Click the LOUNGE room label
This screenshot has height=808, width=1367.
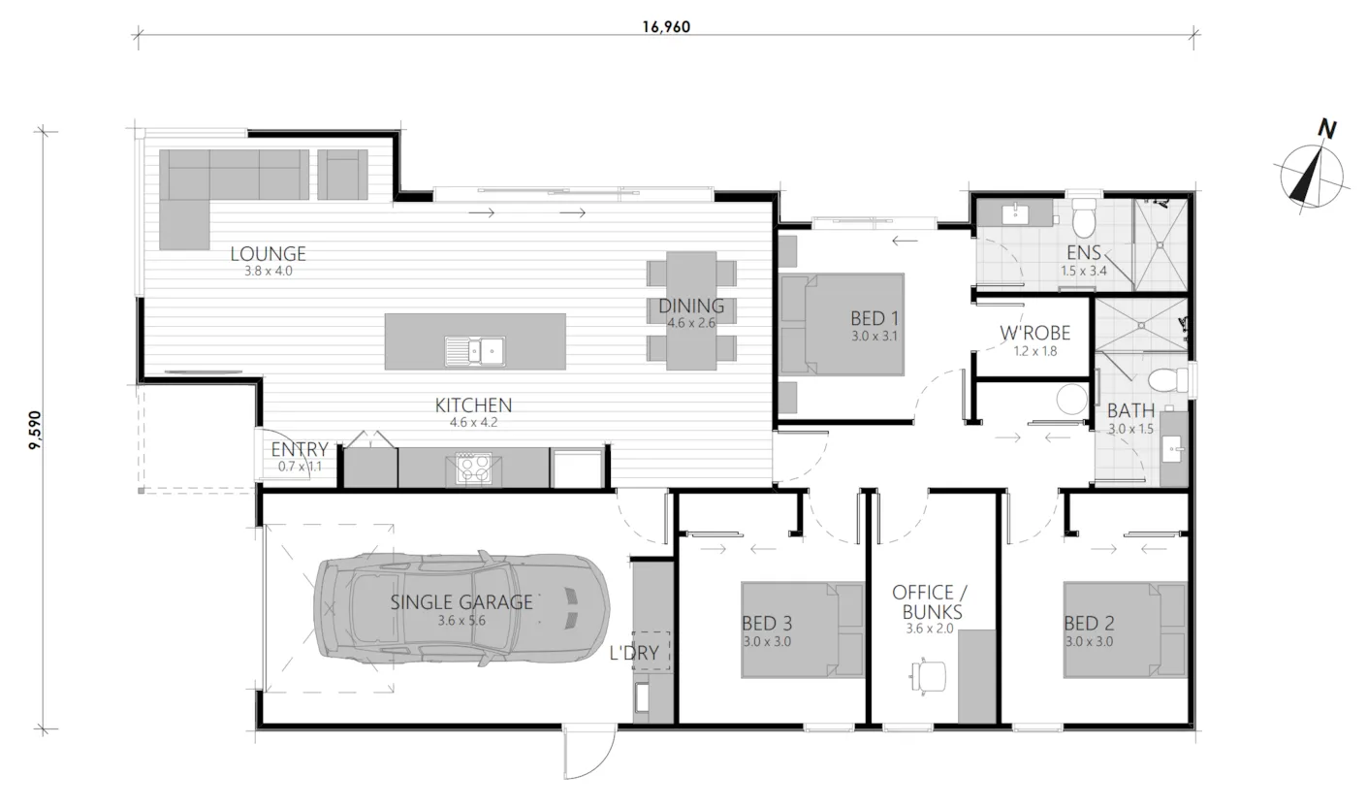(x=268, y=253)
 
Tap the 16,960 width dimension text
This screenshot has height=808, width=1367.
(x=666, y=27)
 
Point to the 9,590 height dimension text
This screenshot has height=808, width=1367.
(x=36, y=430)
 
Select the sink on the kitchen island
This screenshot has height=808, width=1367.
(x=475, y=351)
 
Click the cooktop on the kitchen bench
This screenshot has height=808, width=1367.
(x=473, y=469)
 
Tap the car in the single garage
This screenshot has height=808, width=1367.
(x=461, y=608)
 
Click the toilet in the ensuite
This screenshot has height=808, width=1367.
(x=1085, y=217)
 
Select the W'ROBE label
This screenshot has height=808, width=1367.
(x=1035, y=333)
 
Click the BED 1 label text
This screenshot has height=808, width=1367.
(x=874, y=318)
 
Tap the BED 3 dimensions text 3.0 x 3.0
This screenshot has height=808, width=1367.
(x=767, y=642)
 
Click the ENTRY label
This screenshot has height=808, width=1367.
(x=300, y=449)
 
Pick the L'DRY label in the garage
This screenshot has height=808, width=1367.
(x=634, y=653)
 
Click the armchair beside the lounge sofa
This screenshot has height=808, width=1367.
(x=342, y=175)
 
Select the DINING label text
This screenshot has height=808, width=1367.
(x=691, y=306)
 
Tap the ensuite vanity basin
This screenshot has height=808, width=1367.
(x=1016, y=214)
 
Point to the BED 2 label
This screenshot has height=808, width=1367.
(x=1090, y=624)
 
